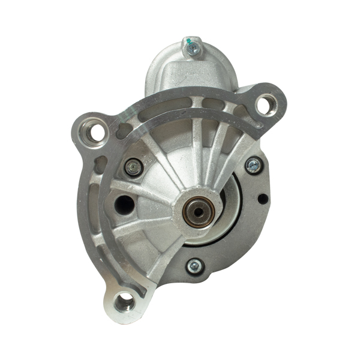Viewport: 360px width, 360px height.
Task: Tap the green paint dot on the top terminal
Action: tap(189, 41)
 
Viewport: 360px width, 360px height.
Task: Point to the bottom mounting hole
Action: tap(124, 302)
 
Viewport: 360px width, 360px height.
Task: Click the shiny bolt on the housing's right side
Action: tap(253, 165)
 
